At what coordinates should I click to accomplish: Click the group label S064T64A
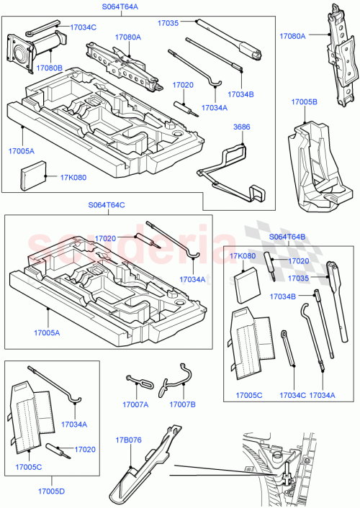coord(119,6)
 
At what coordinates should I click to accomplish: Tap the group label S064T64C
coord(106,205)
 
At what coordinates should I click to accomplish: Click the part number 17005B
coord(304,102)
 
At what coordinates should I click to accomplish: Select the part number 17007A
coord(135,404)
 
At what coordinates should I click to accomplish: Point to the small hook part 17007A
coord(137,382)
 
